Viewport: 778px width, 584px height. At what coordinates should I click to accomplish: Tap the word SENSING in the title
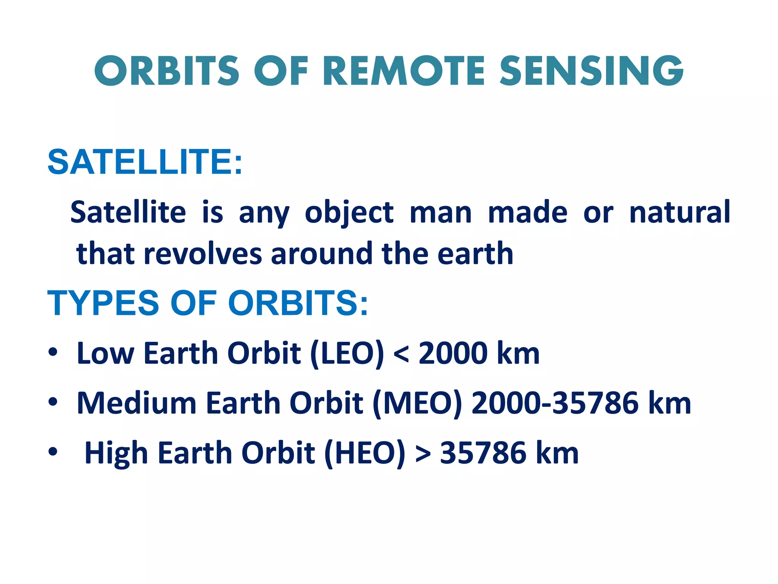click(591, 71)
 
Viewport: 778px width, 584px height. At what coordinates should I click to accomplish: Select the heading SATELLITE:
click(145, 162)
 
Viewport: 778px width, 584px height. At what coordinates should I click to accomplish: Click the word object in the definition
click(349, 213)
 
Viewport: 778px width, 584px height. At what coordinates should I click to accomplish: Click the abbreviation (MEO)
click(417, 403)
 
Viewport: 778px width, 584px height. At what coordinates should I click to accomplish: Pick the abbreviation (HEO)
click(365, 453)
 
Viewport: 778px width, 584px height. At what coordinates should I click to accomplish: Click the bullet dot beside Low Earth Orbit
click(53, 352)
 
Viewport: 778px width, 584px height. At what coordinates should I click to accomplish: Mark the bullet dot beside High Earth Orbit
click(53, 452)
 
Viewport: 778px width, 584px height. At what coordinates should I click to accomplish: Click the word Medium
click(136, 403)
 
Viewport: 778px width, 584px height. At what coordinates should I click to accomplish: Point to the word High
click(116, 453)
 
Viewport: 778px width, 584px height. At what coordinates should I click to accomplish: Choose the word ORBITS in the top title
click(167, 71)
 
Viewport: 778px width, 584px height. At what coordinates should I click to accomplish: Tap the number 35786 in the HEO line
click(483, 453)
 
